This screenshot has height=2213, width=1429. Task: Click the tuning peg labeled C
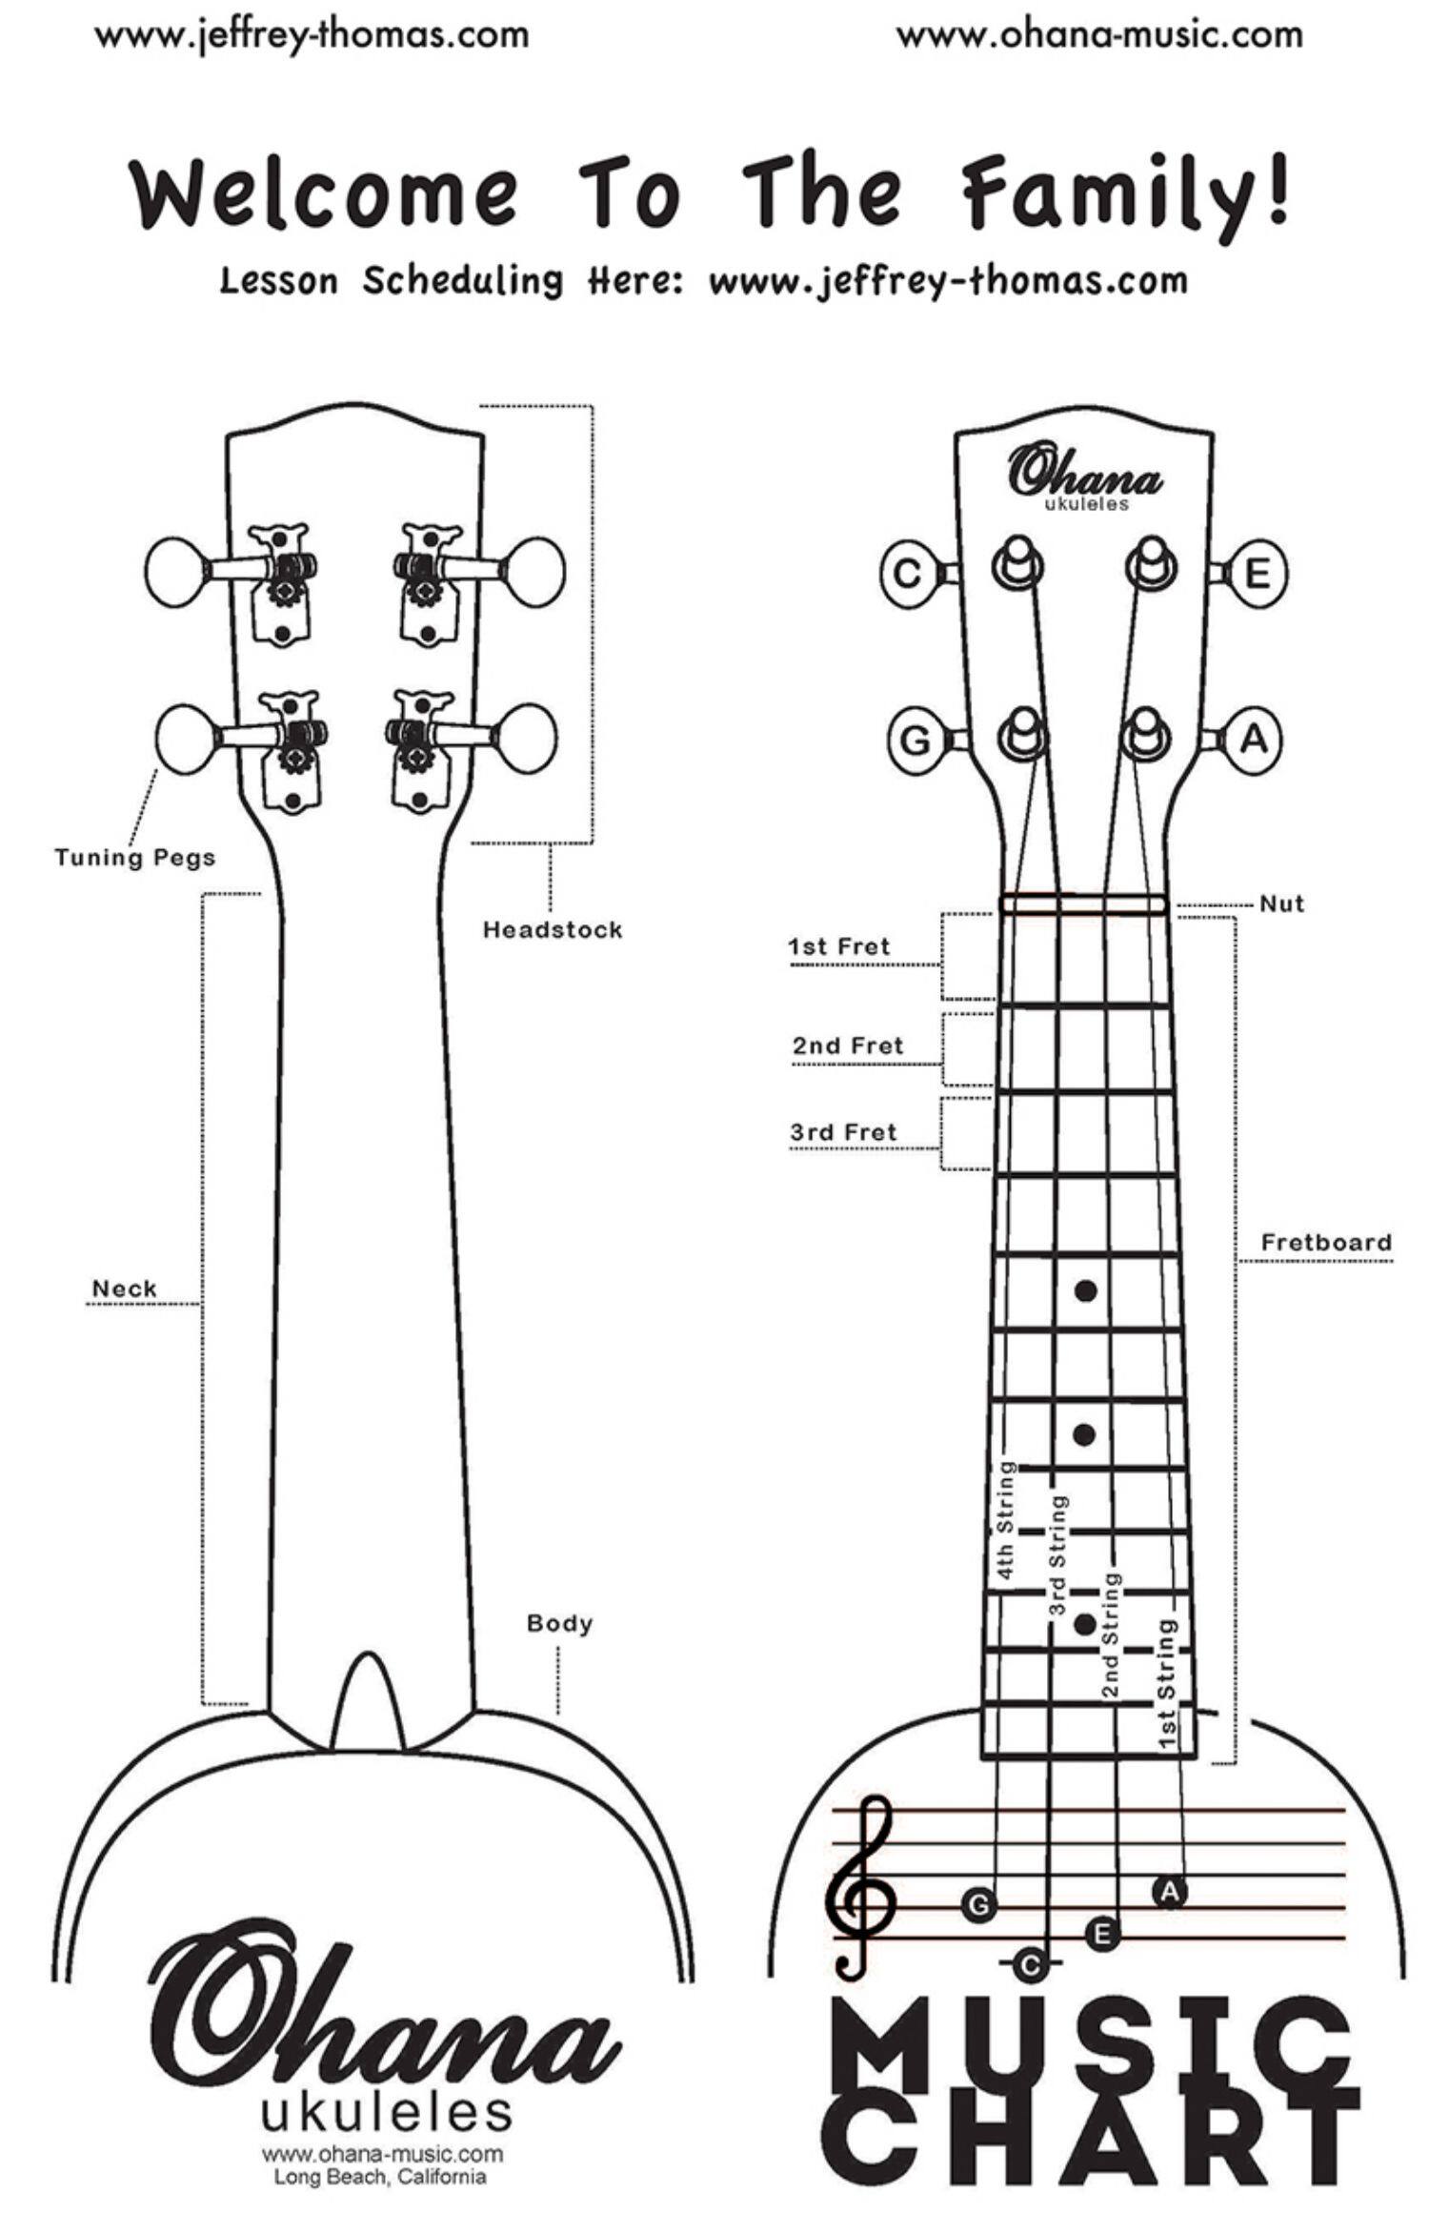click(908, 573)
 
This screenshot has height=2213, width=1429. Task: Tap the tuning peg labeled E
click(1257, 574)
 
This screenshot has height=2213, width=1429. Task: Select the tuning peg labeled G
click(915, 741)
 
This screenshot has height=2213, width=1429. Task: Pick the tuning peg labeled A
click(1254, 740)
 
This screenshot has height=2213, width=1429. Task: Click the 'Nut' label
click(1281, 903)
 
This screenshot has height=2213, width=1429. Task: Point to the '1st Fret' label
click(838, 946)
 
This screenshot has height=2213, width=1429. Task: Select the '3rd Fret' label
click(843, 1132)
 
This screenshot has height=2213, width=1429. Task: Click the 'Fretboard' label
click(1325, 1243)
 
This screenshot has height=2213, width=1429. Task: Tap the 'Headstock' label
click(553, 930)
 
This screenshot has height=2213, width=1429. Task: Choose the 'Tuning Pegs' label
click(135, 858)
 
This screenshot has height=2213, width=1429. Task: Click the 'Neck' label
click(124, 1289)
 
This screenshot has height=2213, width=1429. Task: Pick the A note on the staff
click(1169, 1891)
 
